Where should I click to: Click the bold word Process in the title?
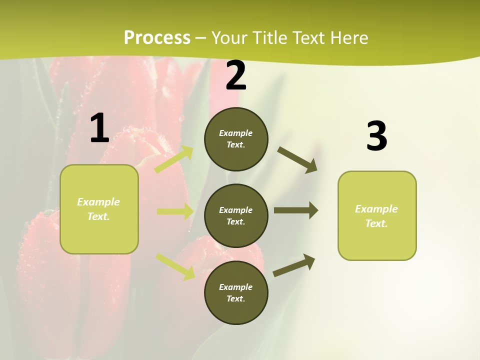[x=157, y=38]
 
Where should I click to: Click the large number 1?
[x=99, y=128]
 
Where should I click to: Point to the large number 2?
[x=236, y=75]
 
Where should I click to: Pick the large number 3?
[x=376, y=136]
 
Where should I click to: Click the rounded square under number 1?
[x=99, y=209]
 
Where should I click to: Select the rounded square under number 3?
[x=377, y=216]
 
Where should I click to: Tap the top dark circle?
[x=236, y=139]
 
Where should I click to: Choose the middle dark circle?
[x=236, y=216]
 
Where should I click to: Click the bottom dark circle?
[x=236, y=293]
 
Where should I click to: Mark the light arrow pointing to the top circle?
[x=174, y=159]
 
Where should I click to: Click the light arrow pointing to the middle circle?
[x=175, y=211]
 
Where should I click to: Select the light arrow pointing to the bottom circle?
[x=175, y=266]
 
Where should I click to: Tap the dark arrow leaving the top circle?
[x=297, y=160]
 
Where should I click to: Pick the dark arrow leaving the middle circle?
[x=296, y=210]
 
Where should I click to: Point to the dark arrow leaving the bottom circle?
[x=294, y=265]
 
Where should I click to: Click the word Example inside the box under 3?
[x=376, y=209]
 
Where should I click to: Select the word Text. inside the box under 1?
[x=98, y=216]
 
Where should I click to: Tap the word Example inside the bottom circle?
[x=236, y=287]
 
